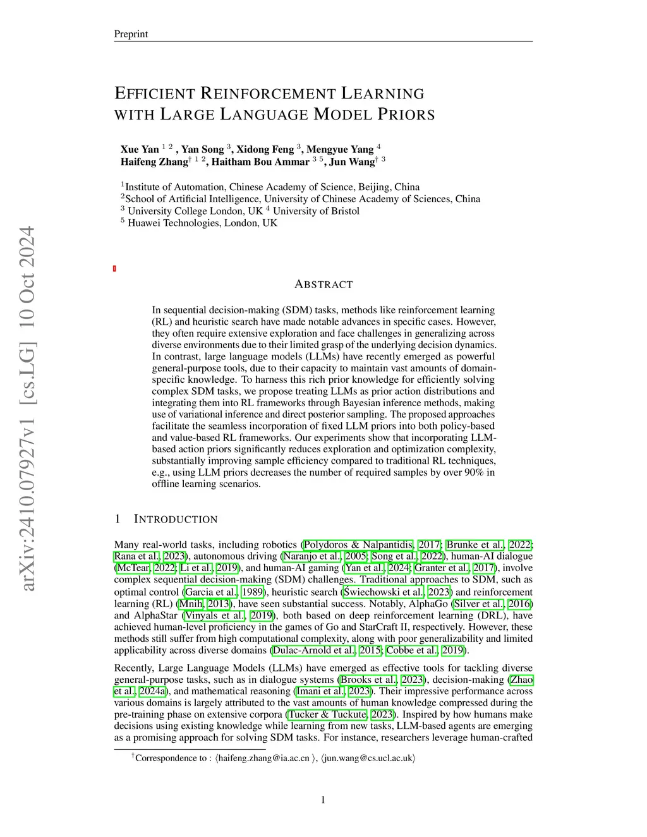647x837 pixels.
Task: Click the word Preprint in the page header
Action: click(131, 34)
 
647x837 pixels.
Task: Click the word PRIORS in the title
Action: click(406, 115)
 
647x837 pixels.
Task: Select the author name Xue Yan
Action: click(140, 150)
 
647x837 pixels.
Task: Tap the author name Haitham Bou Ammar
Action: click(260, 162)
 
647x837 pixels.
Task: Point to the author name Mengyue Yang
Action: click(340, 150)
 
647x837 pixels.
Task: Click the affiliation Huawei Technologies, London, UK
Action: click(202, 223)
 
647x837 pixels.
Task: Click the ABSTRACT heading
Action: click(323, 284)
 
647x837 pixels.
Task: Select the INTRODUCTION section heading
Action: click(176, 519)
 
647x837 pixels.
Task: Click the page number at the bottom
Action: click(323, 800)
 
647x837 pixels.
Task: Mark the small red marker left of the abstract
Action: click(114, 269)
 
